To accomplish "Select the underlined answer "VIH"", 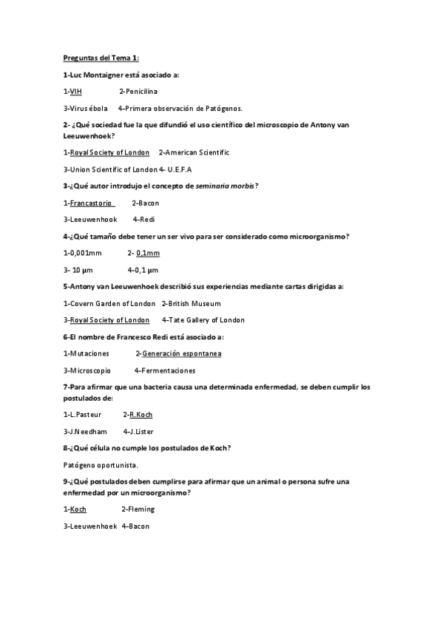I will (75, 92).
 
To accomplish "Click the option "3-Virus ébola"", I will (85, 108).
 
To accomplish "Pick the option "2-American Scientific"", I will (194, 152).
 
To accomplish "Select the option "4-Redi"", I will (143, 220).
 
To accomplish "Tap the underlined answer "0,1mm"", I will (148, 253).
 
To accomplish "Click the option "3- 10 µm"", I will (80, 270).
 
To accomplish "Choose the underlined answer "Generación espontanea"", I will (182, 353).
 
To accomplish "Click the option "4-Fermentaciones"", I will (165, 370).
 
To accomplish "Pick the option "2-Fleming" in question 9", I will (138, 509).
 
